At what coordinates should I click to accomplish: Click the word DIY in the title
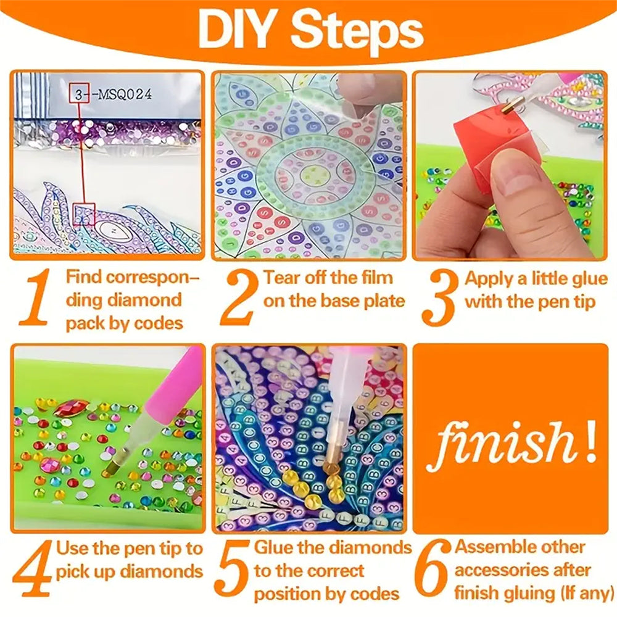click(237, 31)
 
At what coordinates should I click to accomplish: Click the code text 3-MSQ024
click(115, 94)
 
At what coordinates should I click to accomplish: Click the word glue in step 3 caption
click(586, 279)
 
